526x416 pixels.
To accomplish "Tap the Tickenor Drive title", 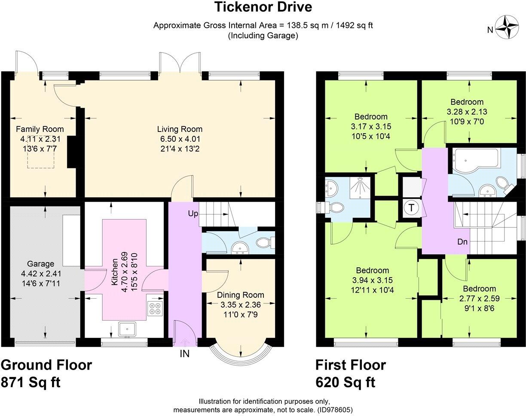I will tap(263, 7).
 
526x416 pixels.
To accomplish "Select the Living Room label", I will tap(180, 129).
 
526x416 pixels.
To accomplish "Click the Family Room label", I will tap(40, 129).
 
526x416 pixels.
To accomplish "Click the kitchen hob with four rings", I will tap(155, 309).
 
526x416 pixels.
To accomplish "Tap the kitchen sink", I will tap(128, 330).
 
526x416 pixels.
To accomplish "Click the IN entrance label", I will tap(184, 354).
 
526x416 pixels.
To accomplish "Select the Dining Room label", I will tap(240, 295).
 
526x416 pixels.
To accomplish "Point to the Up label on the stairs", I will tap(192, 213).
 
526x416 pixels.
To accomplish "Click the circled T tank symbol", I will tap(412, 208).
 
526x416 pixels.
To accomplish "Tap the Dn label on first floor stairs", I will tap(462, 242).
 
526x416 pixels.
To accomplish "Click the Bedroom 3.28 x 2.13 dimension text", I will tap(467, 111).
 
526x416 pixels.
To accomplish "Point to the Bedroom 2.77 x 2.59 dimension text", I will tap(479, 298).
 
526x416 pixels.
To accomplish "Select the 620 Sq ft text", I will tap(346, 382).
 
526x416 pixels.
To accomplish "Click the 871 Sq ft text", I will tap(31, 382).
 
